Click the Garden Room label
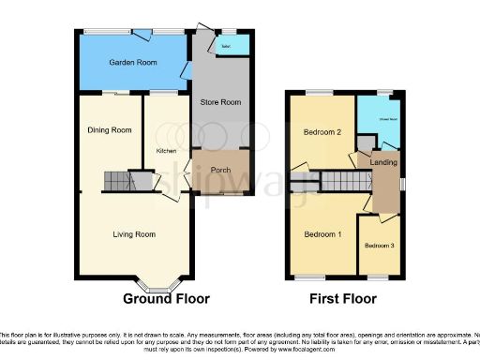(x=132, y=63)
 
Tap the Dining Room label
(x=110, y=130)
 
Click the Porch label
(x=221, y=170)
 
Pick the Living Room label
(x=134, y=234)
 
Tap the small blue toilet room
(x=228, y=44)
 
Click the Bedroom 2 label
(x=321, y=132)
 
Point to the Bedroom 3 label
(x=380, y=246)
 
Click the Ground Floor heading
(x=167, y=299)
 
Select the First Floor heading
(x=344, y=299)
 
